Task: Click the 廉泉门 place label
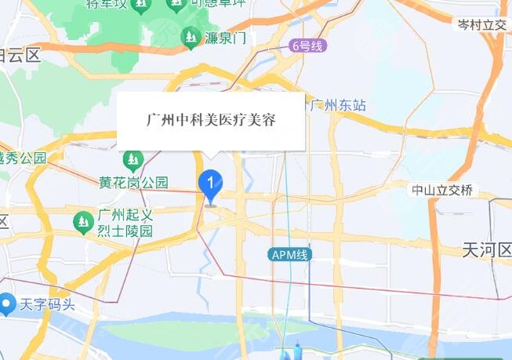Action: pos(224,37)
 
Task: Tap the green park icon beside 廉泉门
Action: pos(190,36)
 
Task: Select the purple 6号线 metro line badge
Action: pos(306,46)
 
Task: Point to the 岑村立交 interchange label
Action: pos(481,25)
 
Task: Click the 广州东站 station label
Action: pos(337,104)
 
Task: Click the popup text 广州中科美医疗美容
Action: pos(210,121)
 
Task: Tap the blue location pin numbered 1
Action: pos(210,185)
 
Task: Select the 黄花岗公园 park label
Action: pos(133,182)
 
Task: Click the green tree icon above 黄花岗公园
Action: pos(133,162)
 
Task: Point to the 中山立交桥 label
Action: pos(442,190)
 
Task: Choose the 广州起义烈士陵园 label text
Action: pos(124,224)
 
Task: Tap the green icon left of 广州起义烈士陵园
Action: pos(82,223)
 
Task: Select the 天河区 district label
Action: pos(486,250)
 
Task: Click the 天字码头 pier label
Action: pos(46,302)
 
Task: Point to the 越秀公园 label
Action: pos(23,158)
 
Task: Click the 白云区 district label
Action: pos(20,55)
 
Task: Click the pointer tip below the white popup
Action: pos(210,157)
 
